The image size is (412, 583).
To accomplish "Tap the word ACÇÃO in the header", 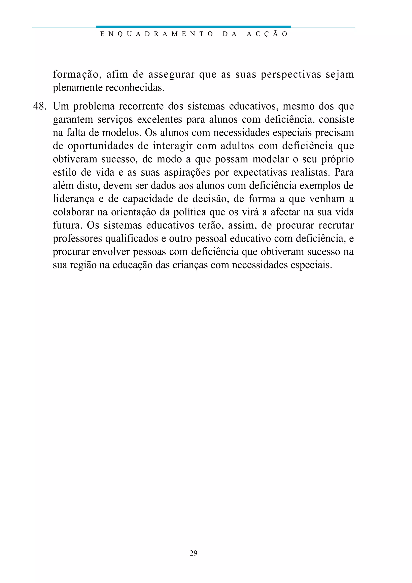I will [267, 34].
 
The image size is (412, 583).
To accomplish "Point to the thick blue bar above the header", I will [193, 26].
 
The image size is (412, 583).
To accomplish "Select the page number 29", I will [193, 553].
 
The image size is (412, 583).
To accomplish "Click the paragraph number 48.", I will [39, 106].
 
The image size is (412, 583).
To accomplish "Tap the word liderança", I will [73, 199].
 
